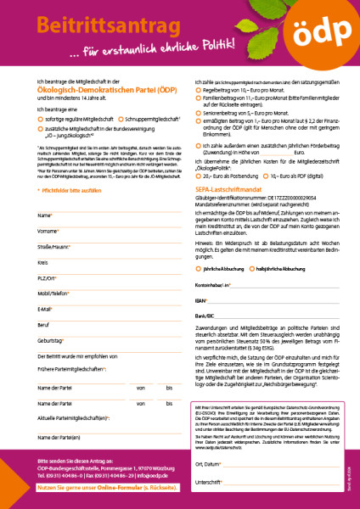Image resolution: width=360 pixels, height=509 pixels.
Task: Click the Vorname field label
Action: (x=48, y=231)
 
